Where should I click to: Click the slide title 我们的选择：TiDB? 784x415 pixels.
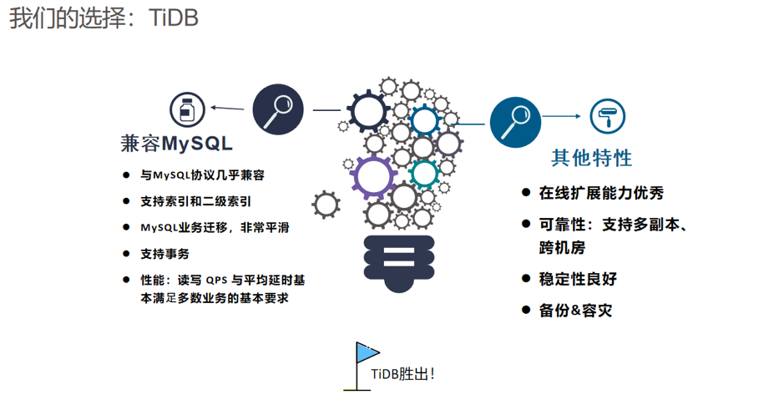104,18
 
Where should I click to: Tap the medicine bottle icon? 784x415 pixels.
187,109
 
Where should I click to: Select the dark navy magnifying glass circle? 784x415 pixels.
277,109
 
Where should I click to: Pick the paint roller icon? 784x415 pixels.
608,117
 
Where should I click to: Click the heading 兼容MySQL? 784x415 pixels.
176,144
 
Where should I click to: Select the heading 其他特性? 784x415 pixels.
592,157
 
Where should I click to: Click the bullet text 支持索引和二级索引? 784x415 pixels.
195,201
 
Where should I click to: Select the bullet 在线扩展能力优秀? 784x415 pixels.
601,193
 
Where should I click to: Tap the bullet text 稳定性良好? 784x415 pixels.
578,279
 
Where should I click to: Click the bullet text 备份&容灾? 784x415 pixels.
575,310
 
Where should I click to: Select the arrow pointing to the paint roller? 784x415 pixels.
565,117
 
